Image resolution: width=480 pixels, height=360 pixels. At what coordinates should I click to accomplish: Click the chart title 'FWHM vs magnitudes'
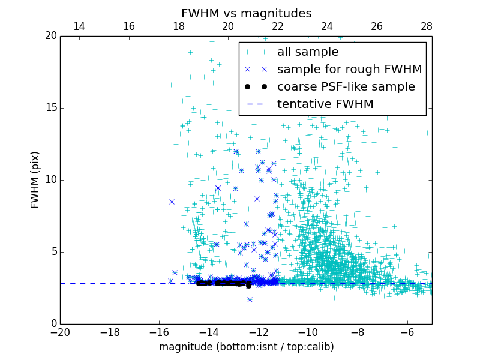246,13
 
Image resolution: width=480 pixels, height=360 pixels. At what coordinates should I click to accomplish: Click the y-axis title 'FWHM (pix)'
35,179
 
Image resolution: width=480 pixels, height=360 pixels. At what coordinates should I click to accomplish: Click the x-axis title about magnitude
246,347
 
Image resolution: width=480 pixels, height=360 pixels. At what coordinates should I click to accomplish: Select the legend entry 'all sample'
307,52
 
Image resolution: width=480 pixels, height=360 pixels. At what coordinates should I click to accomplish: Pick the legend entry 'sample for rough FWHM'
349,70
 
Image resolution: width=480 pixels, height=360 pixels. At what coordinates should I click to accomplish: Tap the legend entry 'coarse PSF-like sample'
346,87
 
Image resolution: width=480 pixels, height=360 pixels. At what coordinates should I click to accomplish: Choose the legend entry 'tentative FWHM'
325,104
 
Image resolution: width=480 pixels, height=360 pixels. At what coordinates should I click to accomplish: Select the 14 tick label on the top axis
79,26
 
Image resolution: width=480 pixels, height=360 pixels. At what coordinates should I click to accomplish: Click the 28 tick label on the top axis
427,26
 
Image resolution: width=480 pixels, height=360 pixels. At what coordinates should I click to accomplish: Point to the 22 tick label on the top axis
278,26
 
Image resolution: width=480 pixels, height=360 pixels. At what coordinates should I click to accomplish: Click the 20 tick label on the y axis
50,36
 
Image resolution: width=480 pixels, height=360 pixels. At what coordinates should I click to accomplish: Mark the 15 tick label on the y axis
50,108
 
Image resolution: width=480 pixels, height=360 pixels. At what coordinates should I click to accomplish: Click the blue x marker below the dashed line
250,299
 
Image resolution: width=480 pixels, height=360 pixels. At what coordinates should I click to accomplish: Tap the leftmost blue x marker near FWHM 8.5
172,202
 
